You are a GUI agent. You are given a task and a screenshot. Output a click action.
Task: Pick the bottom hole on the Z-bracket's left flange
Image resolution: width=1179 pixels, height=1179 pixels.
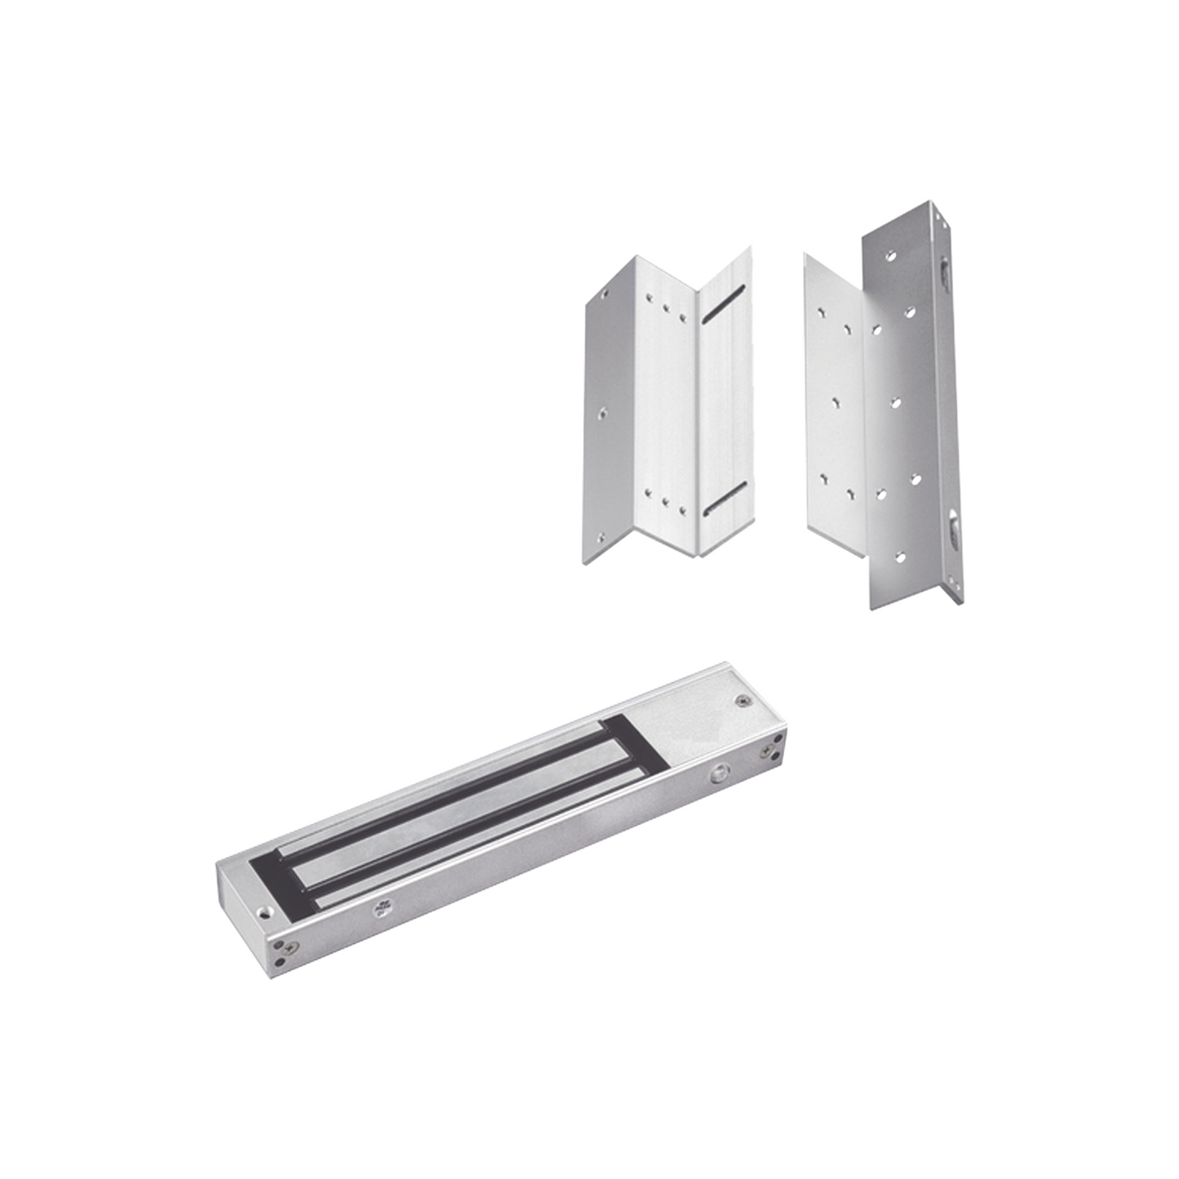602,537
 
